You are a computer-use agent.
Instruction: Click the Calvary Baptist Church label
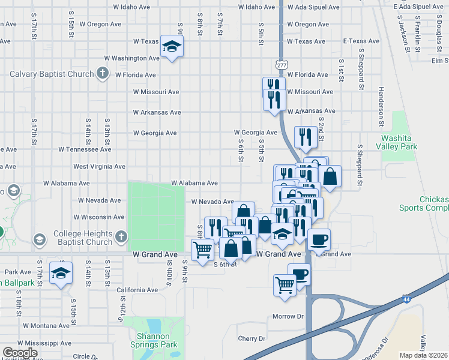52,74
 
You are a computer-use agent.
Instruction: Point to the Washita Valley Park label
400,142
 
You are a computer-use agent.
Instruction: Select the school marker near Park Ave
61,272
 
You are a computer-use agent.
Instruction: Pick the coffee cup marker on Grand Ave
319,239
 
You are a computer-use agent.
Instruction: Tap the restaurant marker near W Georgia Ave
306,137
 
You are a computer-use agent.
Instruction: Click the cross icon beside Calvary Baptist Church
103,74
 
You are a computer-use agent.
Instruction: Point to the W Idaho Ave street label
256,7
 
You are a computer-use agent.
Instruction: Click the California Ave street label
137,289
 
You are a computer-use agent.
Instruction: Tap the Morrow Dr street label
288,316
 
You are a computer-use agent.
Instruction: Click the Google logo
20,353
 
